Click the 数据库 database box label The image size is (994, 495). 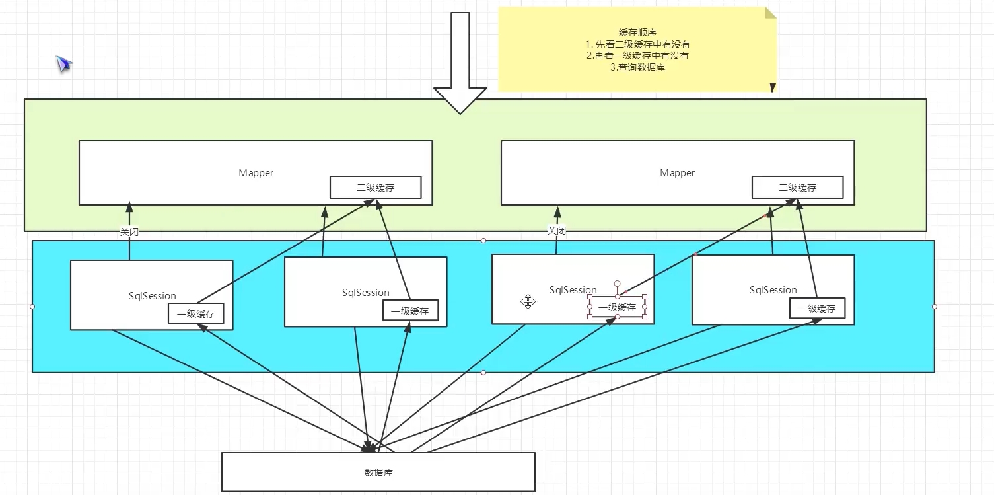pos(378,473)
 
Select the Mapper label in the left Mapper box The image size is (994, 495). pos(256,173)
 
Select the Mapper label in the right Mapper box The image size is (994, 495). pos(677,173)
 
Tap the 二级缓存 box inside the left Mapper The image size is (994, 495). pos(375,187)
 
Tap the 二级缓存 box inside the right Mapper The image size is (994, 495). pos(797,187)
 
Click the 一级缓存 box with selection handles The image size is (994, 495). pos(618,307)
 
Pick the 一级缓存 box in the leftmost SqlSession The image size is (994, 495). pos(195,313)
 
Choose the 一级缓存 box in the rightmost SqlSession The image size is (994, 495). pos(817,308)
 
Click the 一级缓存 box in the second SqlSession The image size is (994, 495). pos(410,311)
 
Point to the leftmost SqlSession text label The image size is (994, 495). pos(152,295)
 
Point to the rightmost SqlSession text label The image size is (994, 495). pos(773,290)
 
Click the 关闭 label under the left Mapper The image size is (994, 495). pos(129,232)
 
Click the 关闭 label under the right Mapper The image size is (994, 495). pos(557,231)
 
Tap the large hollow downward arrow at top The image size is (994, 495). pos(460,62)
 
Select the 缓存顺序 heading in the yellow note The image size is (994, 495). pos(637,32)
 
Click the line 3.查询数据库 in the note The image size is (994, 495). pos(637,67)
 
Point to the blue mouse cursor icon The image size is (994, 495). pos(64,64)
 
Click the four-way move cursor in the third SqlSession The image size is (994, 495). pos(528,302)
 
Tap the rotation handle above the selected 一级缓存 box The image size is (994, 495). pos(618,284)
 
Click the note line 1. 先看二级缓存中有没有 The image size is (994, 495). pos(637,44)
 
